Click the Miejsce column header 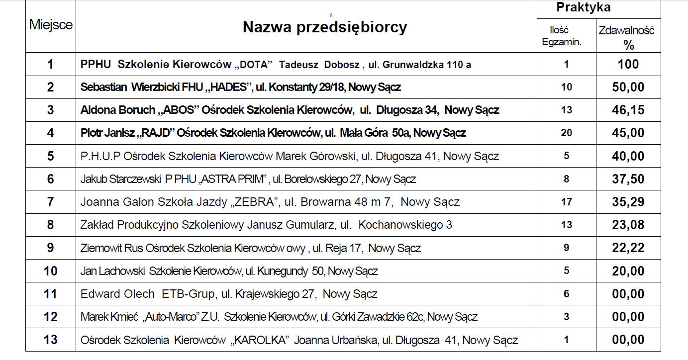51,25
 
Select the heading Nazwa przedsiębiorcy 324,27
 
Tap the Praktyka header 583,7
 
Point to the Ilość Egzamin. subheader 562,36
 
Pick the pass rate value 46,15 628,110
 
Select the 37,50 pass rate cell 628,179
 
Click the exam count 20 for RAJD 566,133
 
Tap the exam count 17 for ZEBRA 566,202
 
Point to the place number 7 51,202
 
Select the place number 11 51,294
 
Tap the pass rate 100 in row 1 628,64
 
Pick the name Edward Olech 117,294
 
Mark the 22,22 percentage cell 628,248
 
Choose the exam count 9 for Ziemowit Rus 566,248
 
